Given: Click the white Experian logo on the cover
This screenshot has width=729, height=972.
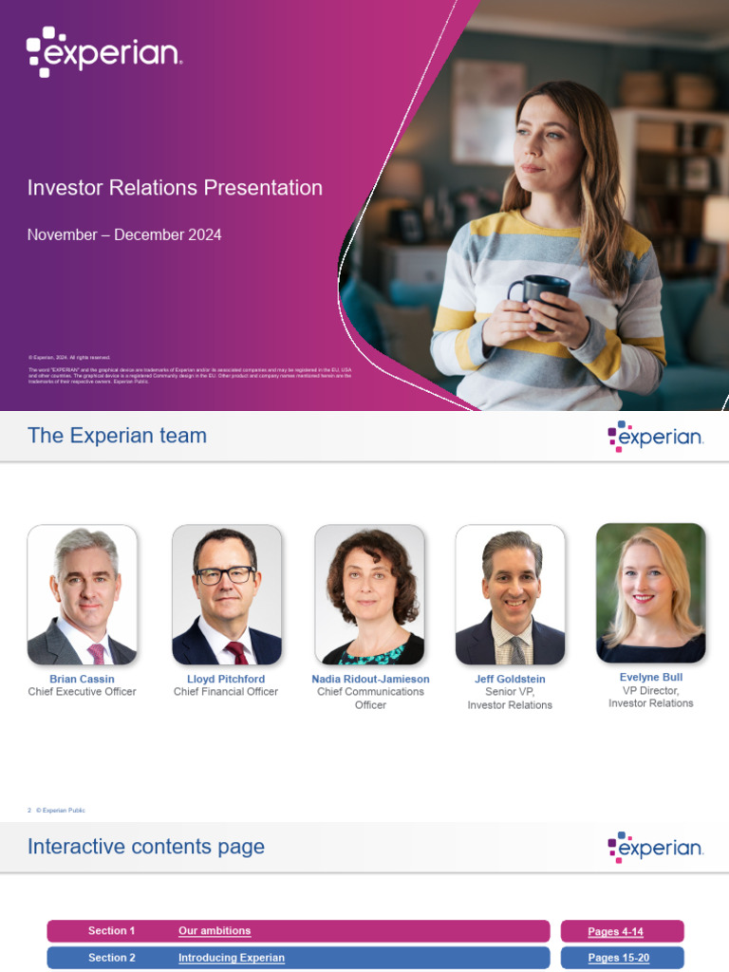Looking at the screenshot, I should point(103,52).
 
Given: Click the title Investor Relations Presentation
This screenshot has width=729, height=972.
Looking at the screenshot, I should point(175,188).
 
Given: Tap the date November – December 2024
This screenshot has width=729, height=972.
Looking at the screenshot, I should point(124,234).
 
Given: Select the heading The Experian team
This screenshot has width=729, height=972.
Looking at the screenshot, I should point(117,436).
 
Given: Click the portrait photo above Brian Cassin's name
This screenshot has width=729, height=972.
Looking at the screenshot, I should point(82,595).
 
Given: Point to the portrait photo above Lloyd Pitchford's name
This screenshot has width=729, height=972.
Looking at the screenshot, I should point(226,595).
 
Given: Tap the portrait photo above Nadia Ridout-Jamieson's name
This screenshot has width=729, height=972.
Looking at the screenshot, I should point(369,595).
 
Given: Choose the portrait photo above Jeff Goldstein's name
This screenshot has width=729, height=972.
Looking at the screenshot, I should point(510,595).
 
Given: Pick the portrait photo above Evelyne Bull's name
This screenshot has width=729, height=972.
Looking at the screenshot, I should point(650,593).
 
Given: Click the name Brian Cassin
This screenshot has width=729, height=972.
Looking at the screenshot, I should point(82,680).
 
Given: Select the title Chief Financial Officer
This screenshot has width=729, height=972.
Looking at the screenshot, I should point(226,692).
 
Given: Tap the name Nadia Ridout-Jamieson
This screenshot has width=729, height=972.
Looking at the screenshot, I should point(370,680).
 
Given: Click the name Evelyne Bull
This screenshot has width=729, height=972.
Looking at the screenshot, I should point(650,678).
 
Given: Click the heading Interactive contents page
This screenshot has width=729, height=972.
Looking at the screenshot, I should point(146,847).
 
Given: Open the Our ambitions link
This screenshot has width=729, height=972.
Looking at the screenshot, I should point(215,931).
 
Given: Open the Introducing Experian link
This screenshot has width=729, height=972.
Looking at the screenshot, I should point(232,958).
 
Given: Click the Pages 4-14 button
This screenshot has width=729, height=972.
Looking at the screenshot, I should point(622,931).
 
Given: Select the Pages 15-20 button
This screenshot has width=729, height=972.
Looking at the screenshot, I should point(622,958).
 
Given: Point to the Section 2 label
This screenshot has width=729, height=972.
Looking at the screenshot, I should point(112,958).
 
